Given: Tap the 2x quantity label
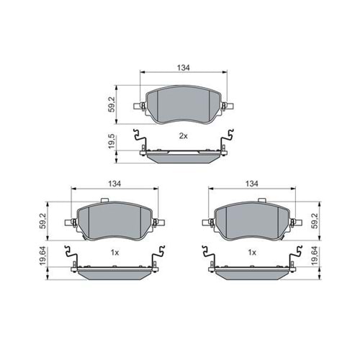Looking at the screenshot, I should pyautogui.click(x=183, y=136).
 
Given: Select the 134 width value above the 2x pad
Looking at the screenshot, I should pyautogui.click(x=183, y=67).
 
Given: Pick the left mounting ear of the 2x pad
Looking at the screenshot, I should pyautogui.click(x=140, y=108).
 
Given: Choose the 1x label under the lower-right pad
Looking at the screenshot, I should pyautogui.click(x=251, y=253).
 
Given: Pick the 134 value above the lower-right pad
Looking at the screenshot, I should pyautogui.click(x=251, y=184).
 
